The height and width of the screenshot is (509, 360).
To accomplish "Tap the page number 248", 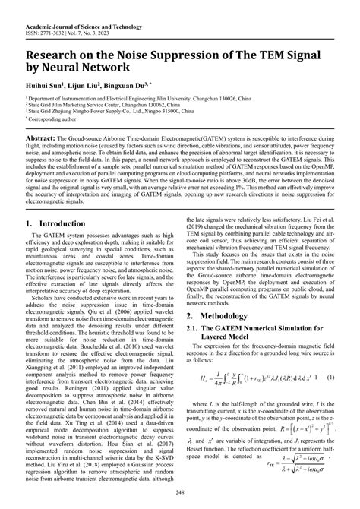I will [x=180, y=499].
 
